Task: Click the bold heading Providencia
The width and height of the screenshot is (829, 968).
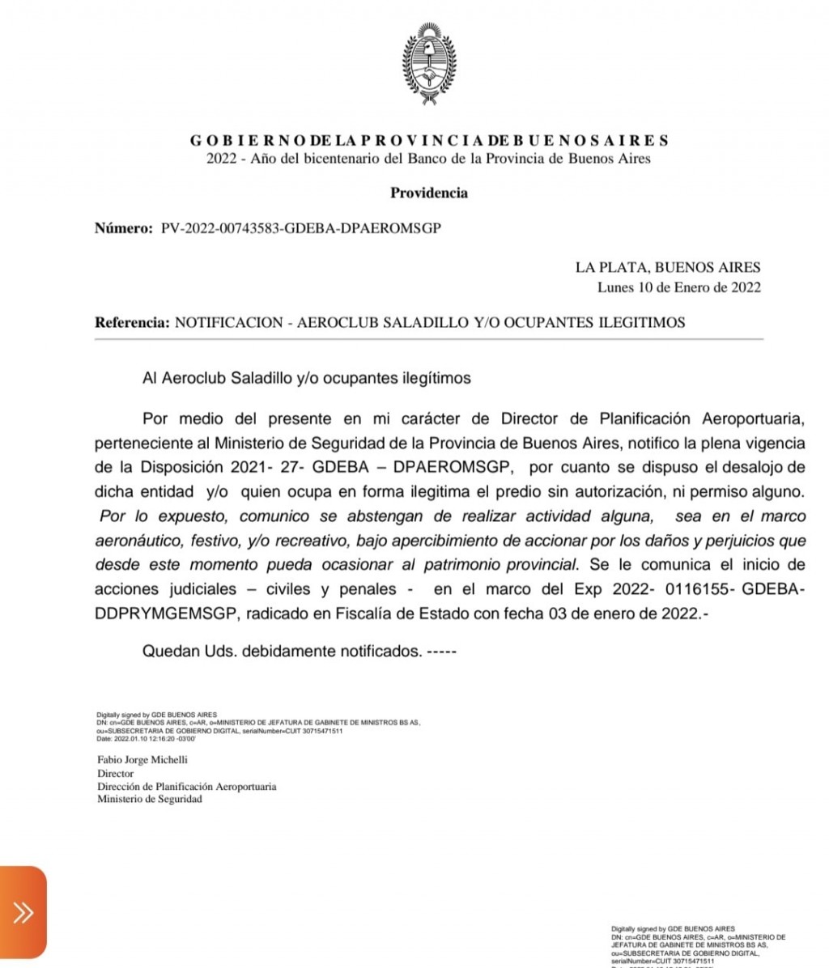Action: [x=429, y=193]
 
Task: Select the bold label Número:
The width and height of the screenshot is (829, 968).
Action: [x=123, y=228]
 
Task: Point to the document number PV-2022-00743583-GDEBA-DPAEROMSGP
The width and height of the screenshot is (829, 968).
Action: [x=301, y=228]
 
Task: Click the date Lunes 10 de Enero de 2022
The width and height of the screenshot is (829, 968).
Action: [x=678, y=287]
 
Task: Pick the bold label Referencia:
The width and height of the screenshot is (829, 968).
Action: [x=132, y=322]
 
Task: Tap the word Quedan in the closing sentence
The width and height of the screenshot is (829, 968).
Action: [x=168, y=651]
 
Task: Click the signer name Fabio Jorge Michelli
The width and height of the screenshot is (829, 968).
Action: [x=142, y=760]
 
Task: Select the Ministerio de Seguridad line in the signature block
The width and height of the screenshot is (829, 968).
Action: [x=150, y=799]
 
